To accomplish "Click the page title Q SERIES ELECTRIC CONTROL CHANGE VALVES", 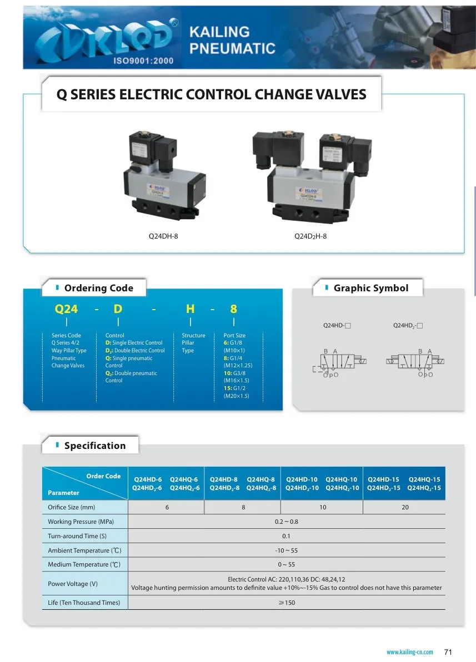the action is point(212,94).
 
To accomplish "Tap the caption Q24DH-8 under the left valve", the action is point(163,236).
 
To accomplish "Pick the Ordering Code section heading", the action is point(98,288).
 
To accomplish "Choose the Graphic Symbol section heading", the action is point(370,288).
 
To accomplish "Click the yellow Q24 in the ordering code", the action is point(66,310).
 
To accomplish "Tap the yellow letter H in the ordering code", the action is point(190,310).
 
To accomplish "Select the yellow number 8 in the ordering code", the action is point(233,310).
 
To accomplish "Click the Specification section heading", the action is point(94,446).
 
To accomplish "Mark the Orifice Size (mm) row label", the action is point(72,507).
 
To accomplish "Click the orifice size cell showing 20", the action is point(405,507).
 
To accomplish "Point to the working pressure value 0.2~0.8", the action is point(287,522).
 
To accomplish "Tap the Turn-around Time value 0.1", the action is point(287,536).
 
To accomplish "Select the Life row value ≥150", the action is point(287,603).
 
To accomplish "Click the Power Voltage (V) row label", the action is point(73,584).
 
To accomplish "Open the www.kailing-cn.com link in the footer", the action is point(409,652).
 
